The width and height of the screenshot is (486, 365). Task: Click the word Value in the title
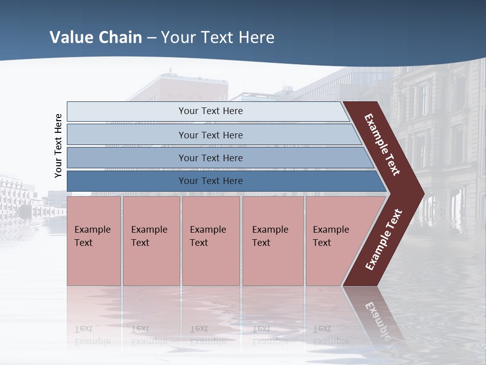pyautogui.click(x=71, y=38)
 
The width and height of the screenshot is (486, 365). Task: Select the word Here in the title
pyautogui.click(x=256, y=38)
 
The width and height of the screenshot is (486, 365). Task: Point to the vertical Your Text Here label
pyautogui.click(x=58, y=145)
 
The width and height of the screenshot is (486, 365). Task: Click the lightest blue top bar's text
pyautogui.click(x=211, y=111)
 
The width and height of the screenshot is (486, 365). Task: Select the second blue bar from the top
pyautogui.click(x=211, y=135)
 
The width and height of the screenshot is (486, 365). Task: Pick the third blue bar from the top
pyautogui.click(x=211, y=158)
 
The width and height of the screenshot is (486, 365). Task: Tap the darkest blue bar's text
pyautogui.click(x=211, y=181)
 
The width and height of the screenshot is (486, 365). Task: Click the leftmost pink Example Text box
pyautogui.click(x=94, y=240)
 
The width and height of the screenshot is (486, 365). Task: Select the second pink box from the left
pyautogui.click(x=151, y=240)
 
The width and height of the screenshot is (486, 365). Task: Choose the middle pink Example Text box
pyautogui.click(x=211, y=240)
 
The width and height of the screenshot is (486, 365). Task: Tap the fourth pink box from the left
pyautogui.click(x=272, y=240)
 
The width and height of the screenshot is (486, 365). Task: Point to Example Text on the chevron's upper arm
pyautogui.click(x=382, y=145)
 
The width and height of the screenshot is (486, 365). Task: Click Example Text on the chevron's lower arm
pyautogui.click(x=384, y=240)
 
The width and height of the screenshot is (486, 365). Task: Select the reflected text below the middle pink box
pyautogui.click(x=208, y=335)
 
